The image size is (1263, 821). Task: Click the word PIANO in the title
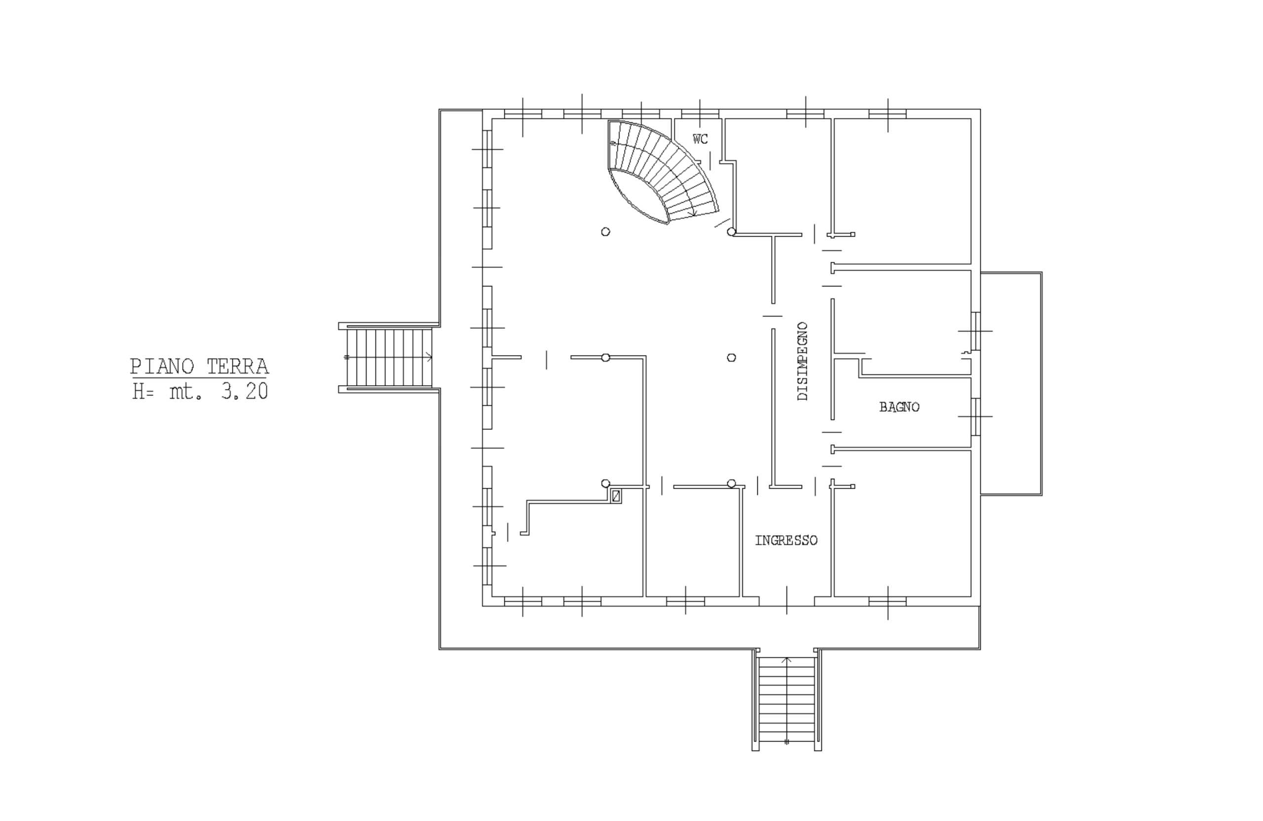162,366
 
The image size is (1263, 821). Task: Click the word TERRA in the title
237,366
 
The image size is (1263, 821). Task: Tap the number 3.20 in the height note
245,392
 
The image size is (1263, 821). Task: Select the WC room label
701,140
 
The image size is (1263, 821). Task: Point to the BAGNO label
899,407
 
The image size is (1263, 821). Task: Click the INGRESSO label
786,540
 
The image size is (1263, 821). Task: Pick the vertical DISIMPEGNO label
803,361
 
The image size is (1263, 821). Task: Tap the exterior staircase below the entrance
787,700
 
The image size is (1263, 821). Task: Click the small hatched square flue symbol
616,497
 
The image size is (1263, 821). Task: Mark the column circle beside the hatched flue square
605,483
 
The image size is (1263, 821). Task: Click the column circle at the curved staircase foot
731,232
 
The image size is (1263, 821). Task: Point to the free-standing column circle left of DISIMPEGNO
731,357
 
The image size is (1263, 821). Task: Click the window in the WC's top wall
700,113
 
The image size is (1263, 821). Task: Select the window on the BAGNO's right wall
975,416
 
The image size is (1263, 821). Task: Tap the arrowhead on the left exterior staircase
429,357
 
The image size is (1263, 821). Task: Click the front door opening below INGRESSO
786,601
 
